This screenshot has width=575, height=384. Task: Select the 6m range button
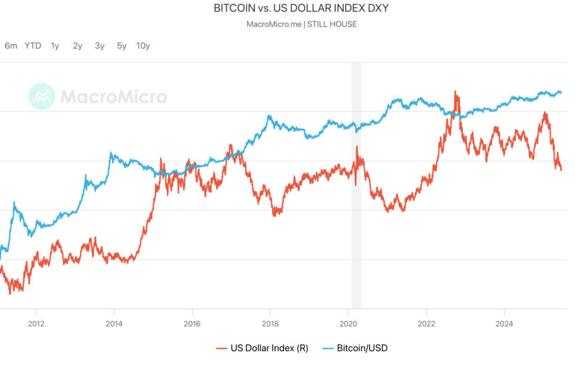click(x=11, y=45)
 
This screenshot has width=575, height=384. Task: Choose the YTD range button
click(x=33, y=45)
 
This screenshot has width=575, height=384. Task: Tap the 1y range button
click(x=55, y=45)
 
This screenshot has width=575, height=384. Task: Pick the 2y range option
click(x=77, y=45)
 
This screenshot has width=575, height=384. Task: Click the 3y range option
click(x=100, y=45)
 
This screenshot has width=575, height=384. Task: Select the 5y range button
click(x=122, y=45)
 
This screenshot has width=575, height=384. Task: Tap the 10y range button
click(x=143, y=45)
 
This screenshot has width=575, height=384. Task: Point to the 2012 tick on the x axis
click(x=36, y=323)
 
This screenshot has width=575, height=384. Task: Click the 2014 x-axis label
click(x=114, y=323)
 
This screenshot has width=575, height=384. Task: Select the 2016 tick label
click(x=192, y=323)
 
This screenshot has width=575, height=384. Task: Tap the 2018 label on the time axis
click(x=270, y=323)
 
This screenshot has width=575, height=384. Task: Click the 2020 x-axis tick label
click(x=348, y=323)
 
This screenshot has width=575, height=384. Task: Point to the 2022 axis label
click(x=426, y=323)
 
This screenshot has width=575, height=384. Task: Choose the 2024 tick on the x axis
click(x=505, y=323)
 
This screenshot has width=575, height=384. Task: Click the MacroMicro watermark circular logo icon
click(x=41, y=97)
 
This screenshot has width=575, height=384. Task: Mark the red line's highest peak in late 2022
click(x=456, y=92)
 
